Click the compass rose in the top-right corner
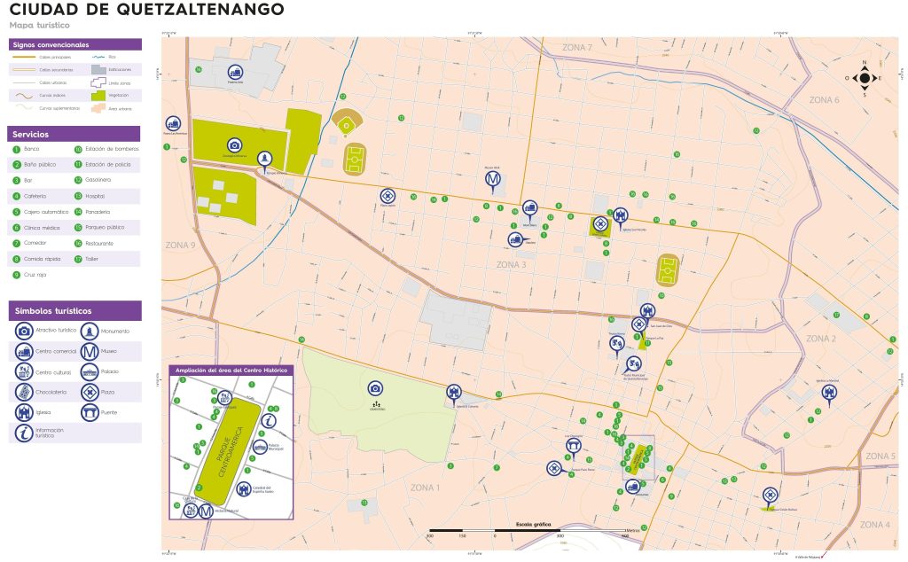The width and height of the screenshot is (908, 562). coord(864,77)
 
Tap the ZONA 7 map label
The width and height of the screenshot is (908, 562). coord(576,47)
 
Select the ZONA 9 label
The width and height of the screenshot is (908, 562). coord(180,245)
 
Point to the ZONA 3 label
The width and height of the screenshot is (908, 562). coord(511,264)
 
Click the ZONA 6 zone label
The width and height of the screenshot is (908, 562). coord(824,100)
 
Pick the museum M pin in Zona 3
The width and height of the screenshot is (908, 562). coord(493,180)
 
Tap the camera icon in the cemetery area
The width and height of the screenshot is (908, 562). coord(375,388)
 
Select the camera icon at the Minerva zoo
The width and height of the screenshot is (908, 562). coord(234,145)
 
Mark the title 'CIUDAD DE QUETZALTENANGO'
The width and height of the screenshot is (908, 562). coord(146,11)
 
